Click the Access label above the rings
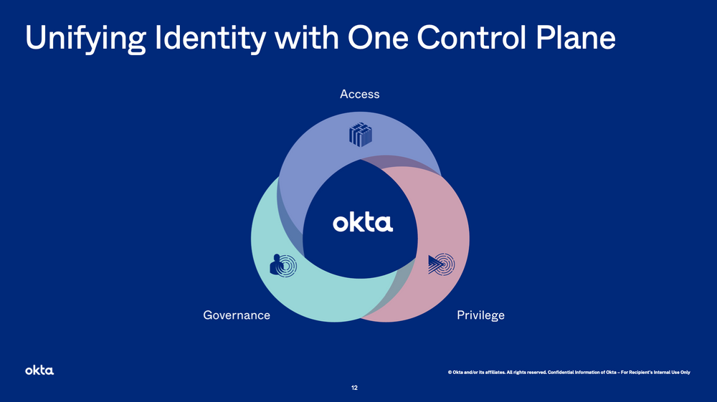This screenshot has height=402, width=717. tap(359, 94)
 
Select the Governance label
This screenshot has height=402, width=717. tap(237, 315)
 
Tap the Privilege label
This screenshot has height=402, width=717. tap(480, 315)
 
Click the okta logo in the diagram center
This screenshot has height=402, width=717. tap(363, 223)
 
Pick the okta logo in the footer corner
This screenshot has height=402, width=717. tap(39, 370)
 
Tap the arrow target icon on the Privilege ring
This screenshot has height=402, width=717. tap(440, 264)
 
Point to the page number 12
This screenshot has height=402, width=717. tap(354, 388)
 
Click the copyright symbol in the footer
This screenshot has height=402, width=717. tap(450, 372)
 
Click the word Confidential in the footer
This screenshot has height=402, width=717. tap(563, 372)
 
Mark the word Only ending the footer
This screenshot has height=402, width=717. tap(683, 372)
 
